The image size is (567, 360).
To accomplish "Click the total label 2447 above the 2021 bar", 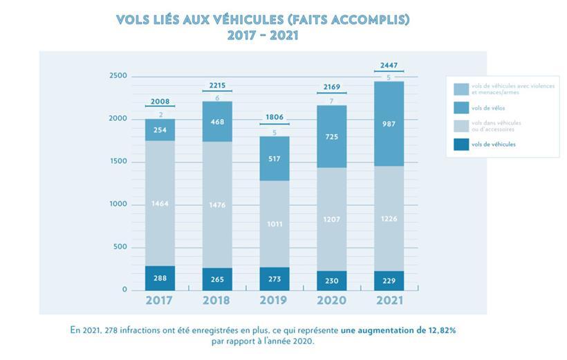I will pyautogui.click(x=388, y=66).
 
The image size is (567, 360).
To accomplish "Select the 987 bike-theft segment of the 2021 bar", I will pyautogui.click(x=388, y=123).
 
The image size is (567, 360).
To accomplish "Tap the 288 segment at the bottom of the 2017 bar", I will pyautogui.click(x=160, y=278).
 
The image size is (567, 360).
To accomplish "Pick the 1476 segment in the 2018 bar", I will pyautogui.click(x=216, y=205).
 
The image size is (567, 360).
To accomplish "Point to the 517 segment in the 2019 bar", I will pyautogui.click(x=274, y=158).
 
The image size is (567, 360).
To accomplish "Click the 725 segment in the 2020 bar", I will pyautogui.click(x=331, y=138).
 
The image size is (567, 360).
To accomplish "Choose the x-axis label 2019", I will pyautogui.click(x=274, y=301).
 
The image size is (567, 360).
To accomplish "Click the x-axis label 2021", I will pyautogui.click(x=388, y=301).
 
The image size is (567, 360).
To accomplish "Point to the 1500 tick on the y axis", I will pyautogui.click(x=118, y=162).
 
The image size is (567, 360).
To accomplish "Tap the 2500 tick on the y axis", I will pyautogui.click(x=118, y=76).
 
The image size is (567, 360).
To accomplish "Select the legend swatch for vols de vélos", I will pyautogui.click(x=461, y=108).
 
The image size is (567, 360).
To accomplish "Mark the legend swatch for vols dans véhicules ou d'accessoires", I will pyautogui.click(x=461, y=126).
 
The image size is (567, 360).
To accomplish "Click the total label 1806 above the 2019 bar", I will pyautogui.click(x=274, y=118).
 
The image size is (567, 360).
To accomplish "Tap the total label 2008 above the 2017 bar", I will pyautogui.click(x=160, y=102).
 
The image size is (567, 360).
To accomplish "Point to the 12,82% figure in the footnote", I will pyautogui.click(x=440, y=330).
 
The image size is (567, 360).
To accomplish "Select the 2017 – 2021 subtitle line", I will pyautogui.click(x=263, y=35).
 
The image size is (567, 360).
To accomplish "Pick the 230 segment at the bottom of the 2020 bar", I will pyautogui.click(x=331, y=280).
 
